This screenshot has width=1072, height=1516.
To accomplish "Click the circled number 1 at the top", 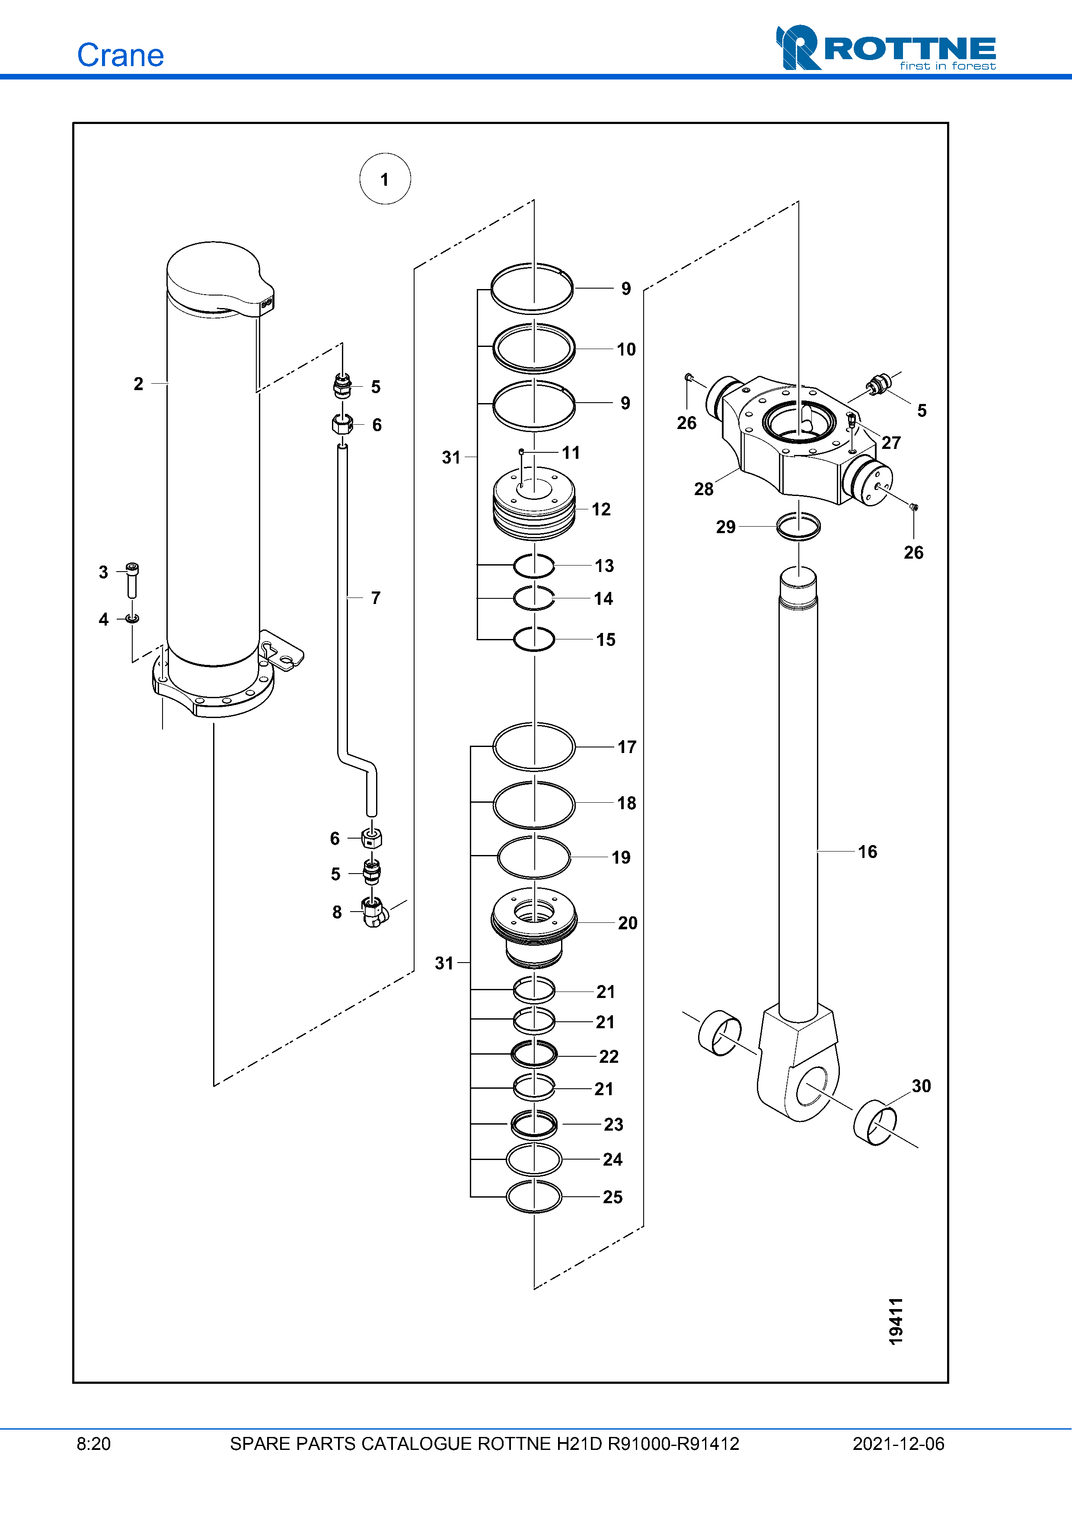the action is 385,179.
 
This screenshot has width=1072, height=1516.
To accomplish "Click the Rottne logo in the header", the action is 886,48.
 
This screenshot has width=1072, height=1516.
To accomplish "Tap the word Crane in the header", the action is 120,55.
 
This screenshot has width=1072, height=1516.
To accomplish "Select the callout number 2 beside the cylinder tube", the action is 138,384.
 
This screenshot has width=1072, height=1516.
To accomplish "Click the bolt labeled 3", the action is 132,580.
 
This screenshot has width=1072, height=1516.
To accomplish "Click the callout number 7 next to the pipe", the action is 375,598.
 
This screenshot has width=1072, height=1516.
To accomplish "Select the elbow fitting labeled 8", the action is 374,912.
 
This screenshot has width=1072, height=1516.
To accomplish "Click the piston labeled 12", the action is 534,504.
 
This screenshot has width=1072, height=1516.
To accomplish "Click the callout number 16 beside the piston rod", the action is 867,852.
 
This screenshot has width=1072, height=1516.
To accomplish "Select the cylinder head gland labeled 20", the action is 534,927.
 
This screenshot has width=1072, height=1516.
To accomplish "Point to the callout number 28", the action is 703,489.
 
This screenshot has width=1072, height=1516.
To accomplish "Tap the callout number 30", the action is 922,1086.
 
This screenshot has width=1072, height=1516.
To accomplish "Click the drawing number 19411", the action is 896,1321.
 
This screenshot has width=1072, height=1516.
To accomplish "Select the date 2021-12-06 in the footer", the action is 898,1444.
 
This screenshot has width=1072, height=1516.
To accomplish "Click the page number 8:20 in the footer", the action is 94,1444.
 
